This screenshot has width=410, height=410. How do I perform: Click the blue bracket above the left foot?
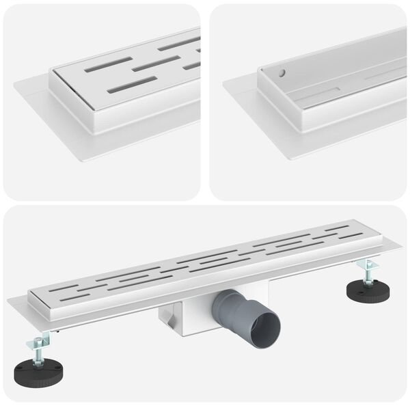point(44,337)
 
